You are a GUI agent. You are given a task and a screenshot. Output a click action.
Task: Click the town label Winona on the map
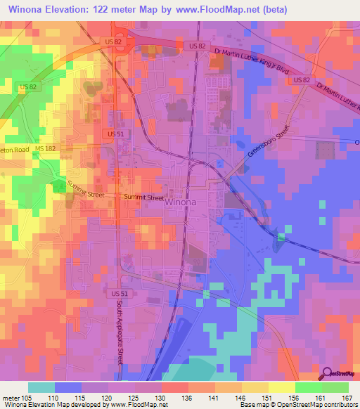[181, 203]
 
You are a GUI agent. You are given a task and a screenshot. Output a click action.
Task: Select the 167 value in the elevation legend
[345, 398]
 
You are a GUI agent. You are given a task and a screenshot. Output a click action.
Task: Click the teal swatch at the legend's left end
[41, 387]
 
